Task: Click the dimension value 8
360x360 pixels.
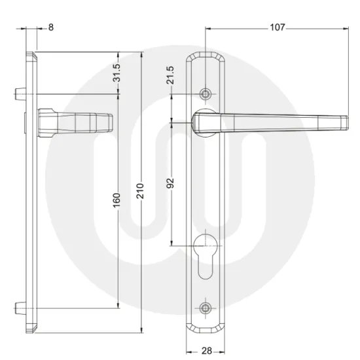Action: point(51,28)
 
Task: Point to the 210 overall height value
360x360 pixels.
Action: point(139,190)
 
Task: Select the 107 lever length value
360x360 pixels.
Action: point(278,28)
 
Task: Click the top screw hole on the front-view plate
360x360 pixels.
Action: point(207,94)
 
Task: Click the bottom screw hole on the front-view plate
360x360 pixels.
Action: point(207,306)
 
